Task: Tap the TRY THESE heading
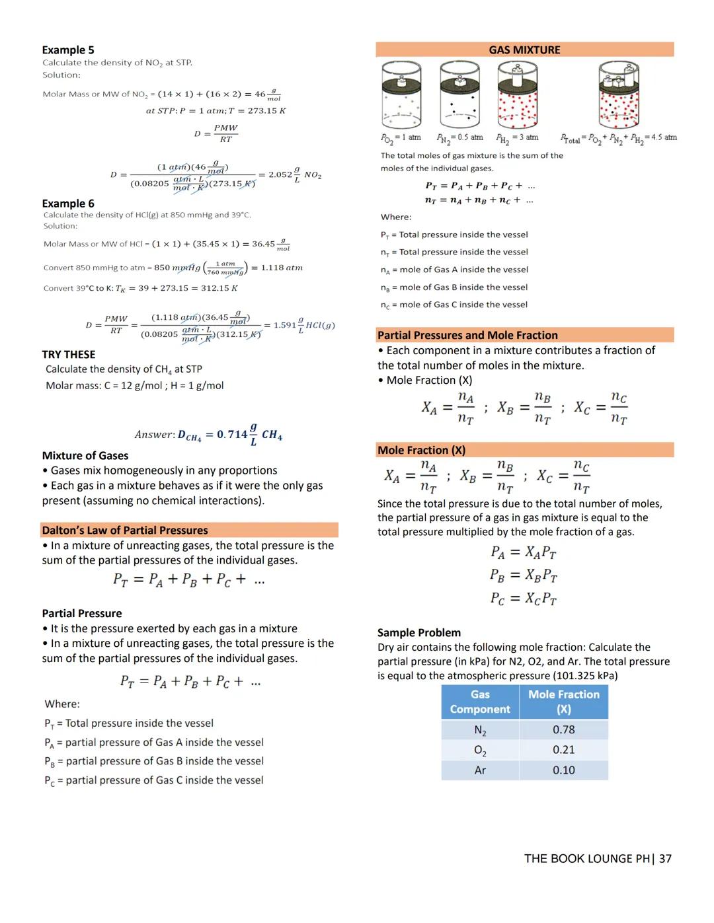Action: (69, 355)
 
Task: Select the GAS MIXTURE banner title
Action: (524, 50)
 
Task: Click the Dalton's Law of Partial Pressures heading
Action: (125, 531)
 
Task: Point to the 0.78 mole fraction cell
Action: (563, 730)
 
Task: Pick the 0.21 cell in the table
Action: (563, 750)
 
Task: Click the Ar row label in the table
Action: (480, 770)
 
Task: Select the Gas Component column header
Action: (480, 702)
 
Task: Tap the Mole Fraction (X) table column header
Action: (563, 702)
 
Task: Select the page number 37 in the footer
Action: (664, 859)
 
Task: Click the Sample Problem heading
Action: (419, 633)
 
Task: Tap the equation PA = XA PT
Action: (523, 552)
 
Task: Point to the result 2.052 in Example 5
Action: (280, 175)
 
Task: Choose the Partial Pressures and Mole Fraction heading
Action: (467, 336)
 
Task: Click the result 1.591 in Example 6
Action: (285, 325)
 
